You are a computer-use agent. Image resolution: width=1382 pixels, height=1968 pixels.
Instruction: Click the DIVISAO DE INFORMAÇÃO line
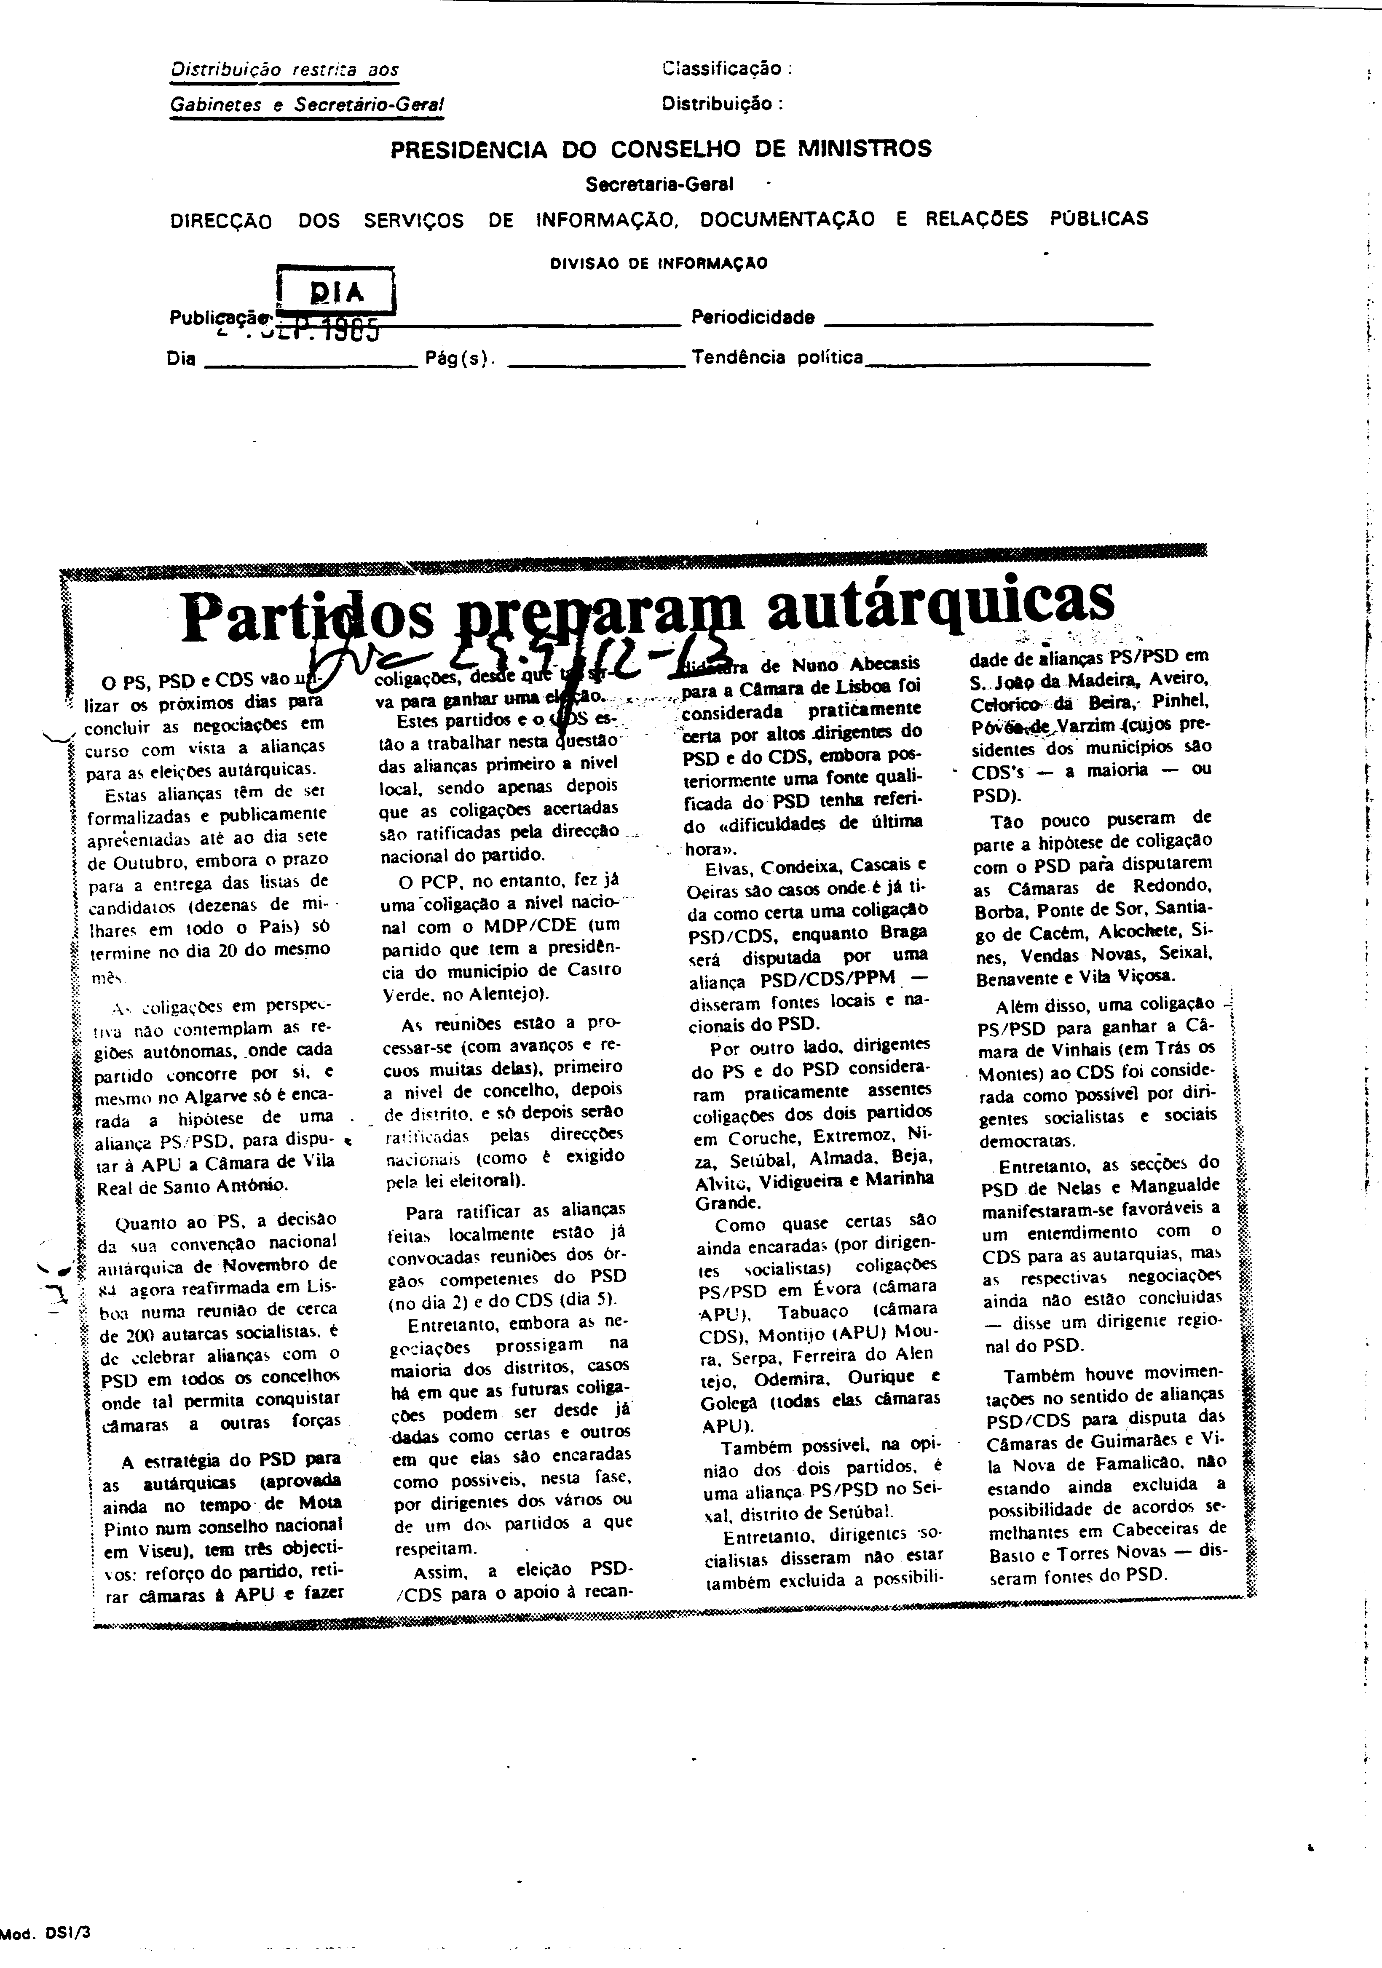point(659,264)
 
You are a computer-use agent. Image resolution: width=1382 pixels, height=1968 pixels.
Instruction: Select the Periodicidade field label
point(753,318)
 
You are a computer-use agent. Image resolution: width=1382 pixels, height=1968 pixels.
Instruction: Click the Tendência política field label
point(777,358)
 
